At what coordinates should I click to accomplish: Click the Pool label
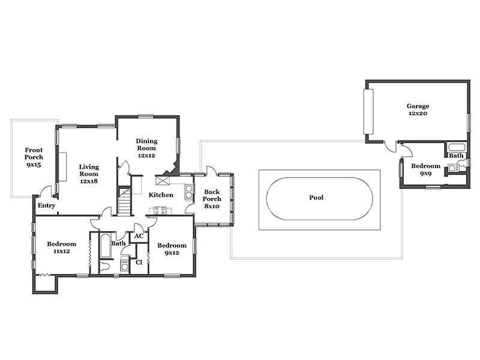[x=316, y=198]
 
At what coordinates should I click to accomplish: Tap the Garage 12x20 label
[x=418, y=110]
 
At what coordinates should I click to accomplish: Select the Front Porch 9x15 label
[x=34, y=157]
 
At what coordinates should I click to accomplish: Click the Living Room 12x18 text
[x=89, y=174]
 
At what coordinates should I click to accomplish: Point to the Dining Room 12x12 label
[x=146, y=148]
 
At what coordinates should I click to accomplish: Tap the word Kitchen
[x=161, y=195]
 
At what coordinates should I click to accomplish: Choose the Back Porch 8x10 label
[x=212, y=199]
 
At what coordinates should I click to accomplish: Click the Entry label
[x=47, y=206]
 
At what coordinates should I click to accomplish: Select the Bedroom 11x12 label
[x=62, y=248]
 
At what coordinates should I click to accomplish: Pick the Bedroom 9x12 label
[x=172, y=249]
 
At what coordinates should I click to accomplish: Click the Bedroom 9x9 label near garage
[x=425, y=170]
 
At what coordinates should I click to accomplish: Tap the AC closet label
[x=139, y=236]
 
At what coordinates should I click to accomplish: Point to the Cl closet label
[x=139, y=262]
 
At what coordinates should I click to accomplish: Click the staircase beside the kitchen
[x=125, y=201]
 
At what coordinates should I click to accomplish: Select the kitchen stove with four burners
[x=160, y=211]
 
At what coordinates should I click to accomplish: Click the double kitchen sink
[x=189, y=191]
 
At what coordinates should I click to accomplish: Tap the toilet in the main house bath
[x=104, y=266]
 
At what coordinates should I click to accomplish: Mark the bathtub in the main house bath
[x=106, y=246]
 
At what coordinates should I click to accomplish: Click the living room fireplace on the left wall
[x=63, y=167]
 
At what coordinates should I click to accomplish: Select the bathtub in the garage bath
[x=457, y=148]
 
